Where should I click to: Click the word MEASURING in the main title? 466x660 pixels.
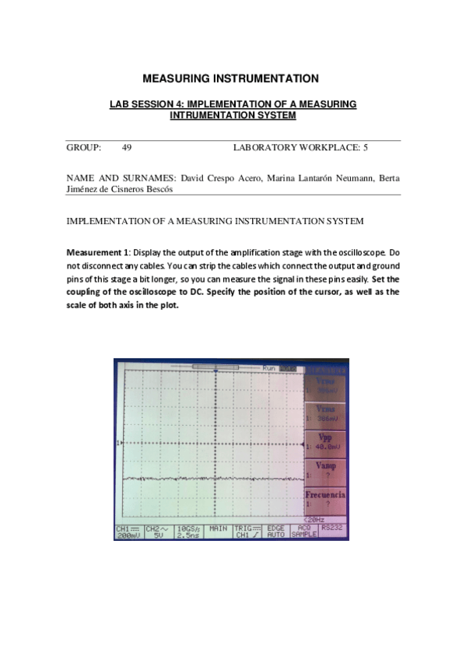[x=173, y=79]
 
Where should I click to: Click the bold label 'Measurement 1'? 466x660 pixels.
[x=97, y=254]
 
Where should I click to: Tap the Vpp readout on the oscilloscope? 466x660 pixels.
[x=325, y=443]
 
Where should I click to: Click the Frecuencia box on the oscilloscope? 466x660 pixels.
[x=325, y=498]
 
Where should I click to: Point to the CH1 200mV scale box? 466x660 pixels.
[x=128, y=532]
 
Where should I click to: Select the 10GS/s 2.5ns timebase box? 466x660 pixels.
[x=187, y=532]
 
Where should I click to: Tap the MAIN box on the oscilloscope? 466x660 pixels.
[x=218, y=528]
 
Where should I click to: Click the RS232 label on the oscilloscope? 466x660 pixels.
[x=331, y=528]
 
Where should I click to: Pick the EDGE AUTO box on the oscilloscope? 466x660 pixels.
[x=275, y=532]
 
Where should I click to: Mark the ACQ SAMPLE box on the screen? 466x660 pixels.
[x=303, y=532]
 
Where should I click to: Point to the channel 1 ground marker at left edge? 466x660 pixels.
[x=117, y=443]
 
